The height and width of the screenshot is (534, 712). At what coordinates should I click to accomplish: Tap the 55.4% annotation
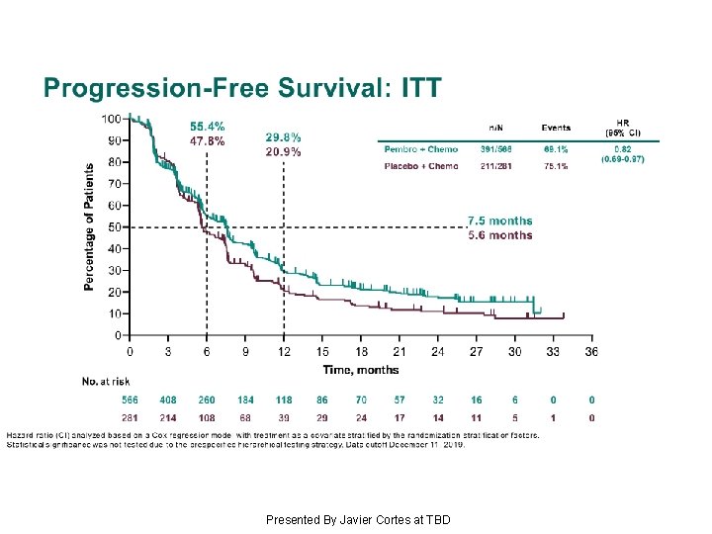[x=208, y=127]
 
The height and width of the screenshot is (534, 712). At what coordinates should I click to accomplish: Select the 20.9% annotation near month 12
[x=284, y=151]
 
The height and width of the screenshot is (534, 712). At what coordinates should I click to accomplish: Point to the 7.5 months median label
[x=499, y=221]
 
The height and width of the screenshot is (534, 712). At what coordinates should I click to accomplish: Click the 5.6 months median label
[x=499, y=235]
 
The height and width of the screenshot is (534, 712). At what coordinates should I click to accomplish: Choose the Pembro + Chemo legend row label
[x=420, y=149]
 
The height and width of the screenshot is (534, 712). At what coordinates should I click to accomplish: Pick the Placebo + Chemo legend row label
[x=420, y=166]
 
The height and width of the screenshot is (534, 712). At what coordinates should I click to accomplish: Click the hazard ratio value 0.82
[x=622, y=148]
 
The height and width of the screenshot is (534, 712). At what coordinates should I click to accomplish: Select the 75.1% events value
[x=556, y=166]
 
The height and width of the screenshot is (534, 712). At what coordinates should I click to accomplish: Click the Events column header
[x=556, y=127]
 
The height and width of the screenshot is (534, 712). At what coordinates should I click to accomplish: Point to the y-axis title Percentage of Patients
[x=90, y=226]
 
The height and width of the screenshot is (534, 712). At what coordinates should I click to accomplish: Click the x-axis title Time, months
[x=361, y=370]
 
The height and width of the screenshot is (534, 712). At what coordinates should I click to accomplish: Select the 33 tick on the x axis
[x=553, y=352]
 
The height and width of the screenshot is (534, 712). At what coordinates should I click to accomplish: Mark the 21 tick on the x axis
[x=400, y=352]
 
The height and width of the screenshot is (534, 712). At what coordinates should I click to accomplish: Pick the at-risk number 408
[x=168, y=400]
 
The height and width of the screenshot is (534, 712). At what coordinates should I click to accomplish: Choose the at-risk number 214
[x=168, y=418]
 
